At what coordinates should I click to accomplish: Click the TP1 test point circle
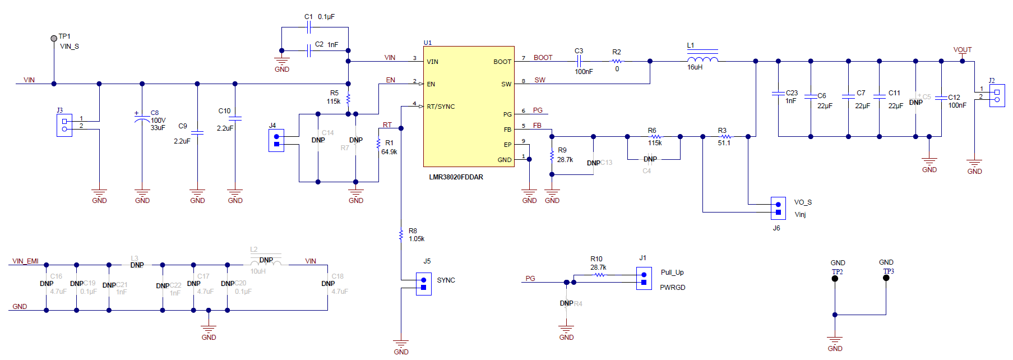(54, 38)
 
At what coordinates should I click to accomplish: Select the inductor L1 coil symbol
(702, 59)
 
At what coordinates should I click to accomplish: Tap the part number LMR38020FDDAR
(456, 177)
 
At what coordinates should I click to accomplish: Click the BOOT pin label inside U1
(502, 62)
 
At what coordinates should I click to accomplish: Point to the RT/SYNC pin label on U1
(441, 107)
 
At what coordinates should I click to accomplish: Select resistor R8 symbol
(401, 234)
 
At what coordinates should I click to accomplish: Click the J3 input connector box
(64, 125)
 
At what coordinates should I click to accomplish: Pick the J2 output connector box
(997, 95)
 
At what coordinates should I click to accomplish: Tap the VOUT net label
(963, 50)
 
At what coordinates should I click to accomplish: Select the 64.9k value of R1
(389, 152)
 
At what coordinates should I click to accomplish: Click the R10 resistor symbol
(599, 275)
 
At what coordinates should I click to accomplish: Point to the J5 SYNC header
(423, 284)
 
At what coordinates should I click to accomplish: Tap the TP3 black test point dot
(886, 278)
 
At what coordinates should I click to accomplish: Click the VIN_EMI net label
(26, 261)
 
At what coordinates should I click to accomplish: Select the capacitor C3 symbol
(579, 61)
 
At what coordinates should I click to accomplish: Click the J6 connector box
(778, 208)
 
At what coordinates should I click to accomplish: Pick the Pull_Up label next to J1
(672, 273)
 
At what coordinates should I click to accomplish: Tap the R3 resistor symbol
(725, 136)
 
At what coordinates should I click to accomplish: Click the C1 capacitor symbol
(309, 27)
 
